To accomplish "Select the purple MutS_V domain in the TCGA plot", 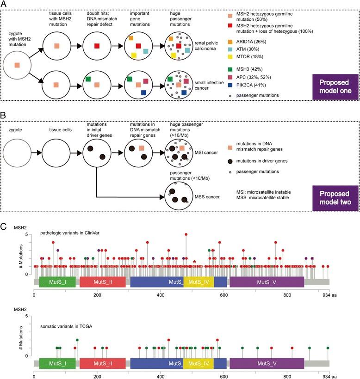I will pyautogui.click(x=267, y=364).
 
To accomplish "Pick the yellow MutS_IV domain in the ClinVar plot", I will pyautogui.click(x=199, y=281).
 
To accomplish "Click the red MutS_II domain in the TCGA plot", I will pyautogui.click(x=102, y=364).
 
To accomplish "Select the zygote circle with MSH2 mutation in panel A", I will pyautogui.click(x=17, y=65).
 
